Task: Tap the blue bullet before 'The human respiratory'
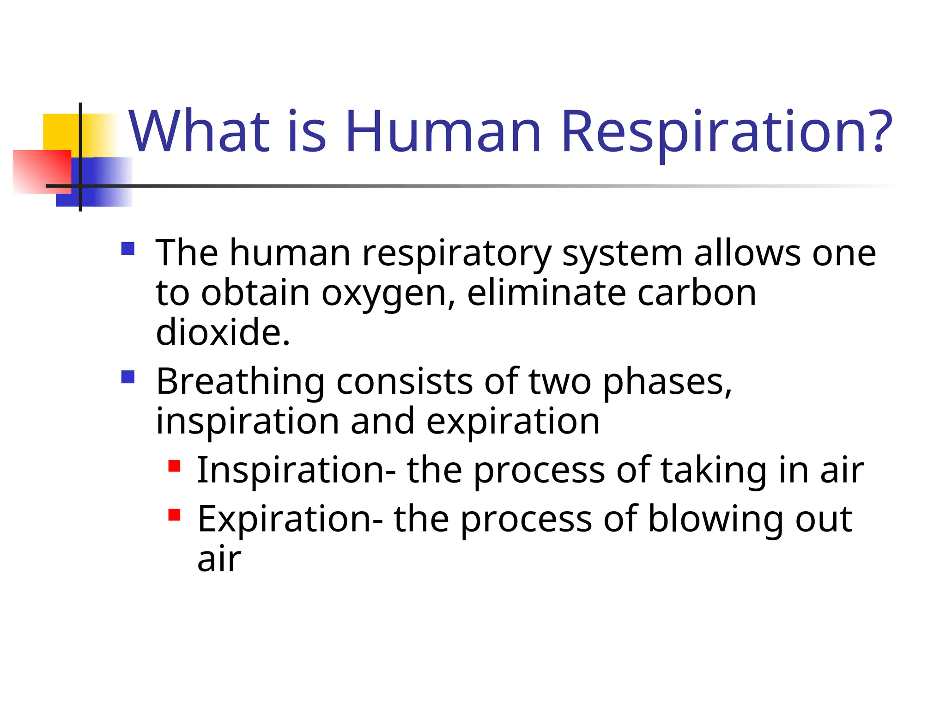tap(127, 249)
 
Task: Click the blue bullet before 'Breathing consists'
tap(127, 377)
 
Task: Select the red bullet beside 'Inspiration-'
tap(174, 466)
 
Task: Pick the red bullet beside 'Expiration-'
tap(174, 515)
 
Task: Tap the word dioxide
tap(223, 332)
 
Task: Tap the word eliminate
tap(546, 293)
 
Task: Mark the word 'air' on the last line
tap(219, 560)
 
